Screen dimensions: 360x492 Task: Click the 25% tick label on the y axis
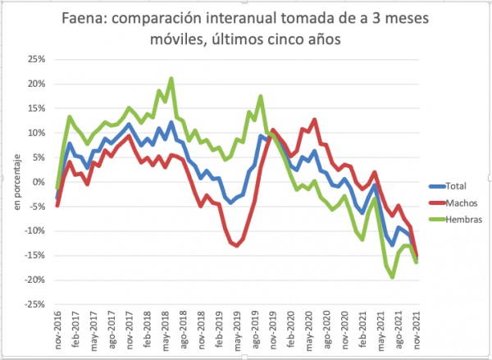click(x=36, y=59)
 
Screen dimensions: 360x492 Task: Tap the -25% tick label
click(x=34, y=304)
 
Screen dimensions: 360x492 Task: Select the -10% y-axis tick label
click(x=34, y=231)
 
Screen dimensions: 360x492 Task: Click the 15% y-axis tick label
click(x=36, y=108)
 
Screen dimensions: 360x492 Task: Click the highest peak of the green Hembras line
click(x=171, y=79)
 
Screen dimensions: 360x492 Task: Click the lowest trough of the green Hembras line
click(x=393, y=277)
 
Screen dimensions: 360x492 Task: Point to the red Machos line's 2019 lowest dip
click(x=238, y=245)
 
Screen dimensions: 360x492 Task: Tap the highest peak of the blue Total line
click(x=171, y=122)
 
